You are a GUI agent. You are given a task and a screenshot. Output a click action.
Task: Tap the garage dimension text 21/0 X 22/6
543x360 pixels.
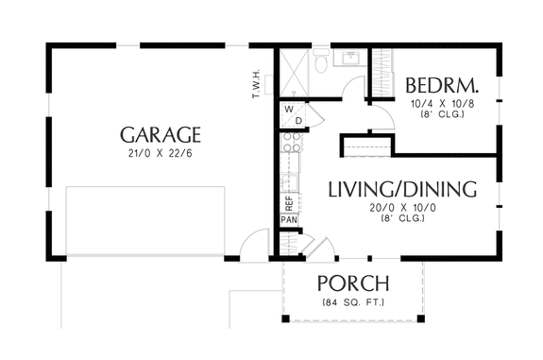click(x=160, y=155)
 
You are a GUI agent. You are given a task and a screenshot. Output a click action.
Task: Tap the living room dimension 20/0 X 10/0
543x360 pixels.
click(x=401, y=207)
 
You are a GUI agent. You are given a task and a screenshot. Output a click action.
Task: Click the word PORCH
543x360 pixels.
click(x=354, y=283)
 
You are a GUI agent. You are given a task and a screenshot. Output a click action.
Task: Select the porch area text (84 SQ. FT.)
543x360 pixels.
click(x=354, y=302)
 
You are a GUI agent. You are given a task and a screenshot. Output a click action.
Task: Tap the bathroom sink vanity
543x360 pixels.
click(x=350, y=60)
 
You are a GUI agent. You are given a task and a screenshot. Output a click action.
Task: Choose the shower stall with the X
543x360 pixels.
click(x=293, y=68)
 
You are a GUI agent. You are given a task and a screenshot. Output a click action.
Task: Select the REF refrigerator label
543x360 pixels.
click(x=288, y=202)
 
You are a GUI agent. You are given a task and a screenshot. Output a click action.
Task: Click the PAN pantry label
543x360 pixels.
click(x=288, y=220)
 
